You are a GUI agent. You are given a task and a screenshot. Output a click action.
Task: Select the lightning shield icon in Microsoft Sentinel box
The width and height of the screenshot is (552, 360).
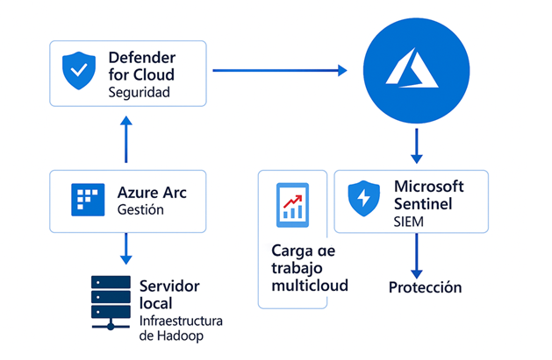(x=362, y=200)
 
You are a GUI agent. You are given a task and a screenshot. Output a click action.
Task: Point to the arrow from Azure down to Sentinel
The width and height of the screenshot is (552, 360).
(x=417, y=145)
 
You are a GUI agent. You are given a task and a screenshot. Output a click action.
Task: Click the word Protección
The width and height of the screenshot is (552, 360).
(x=425, y=287)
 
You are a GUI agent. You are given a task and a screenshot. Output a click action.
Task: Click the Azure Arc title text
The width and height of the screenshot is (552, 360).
(x=150, y=192)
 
